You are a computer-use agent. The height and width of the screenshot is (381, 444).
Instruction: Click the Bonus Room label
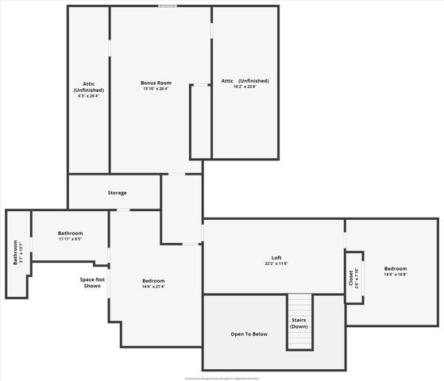156,83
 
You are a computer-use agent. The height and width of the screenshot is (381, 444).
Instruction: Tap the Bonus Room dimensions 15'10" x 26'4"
156,89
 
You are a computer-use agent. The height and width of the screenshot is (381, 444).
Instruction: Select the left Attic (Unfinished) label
88,87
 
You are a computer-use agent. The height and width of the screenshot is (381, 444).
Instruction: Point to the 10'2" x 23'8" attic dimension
245,87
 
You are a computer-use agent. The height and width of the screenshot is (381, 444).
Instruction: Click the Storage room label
117,193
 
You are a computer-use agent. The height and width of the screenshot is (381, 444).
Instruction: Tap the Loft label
276,257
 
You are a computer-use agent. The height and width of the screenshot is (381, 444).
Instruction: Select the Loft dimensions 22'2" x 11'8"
276,264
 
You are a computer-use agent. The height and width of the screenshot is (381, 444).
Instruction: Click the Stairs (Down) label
299,323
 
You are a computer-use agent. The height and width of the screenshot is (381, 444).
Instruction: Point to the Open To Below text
249,334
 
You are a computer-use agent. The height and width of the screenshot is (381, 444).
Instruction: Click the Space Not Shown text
91,283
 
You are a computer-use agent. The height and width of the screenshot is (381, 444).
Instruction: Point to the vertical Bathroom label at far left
14,252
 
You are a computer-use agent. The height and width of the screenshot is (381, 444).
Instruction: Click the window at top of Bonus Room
167,6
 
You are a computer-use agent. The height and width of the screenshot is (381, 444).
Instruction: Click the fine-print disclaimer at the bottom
222,378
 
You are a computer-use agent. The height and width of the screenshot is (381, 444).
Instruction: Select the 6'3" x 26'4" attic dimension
88,97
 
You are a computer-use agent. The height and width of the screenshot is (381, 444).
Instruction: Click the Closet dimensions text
357,278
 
